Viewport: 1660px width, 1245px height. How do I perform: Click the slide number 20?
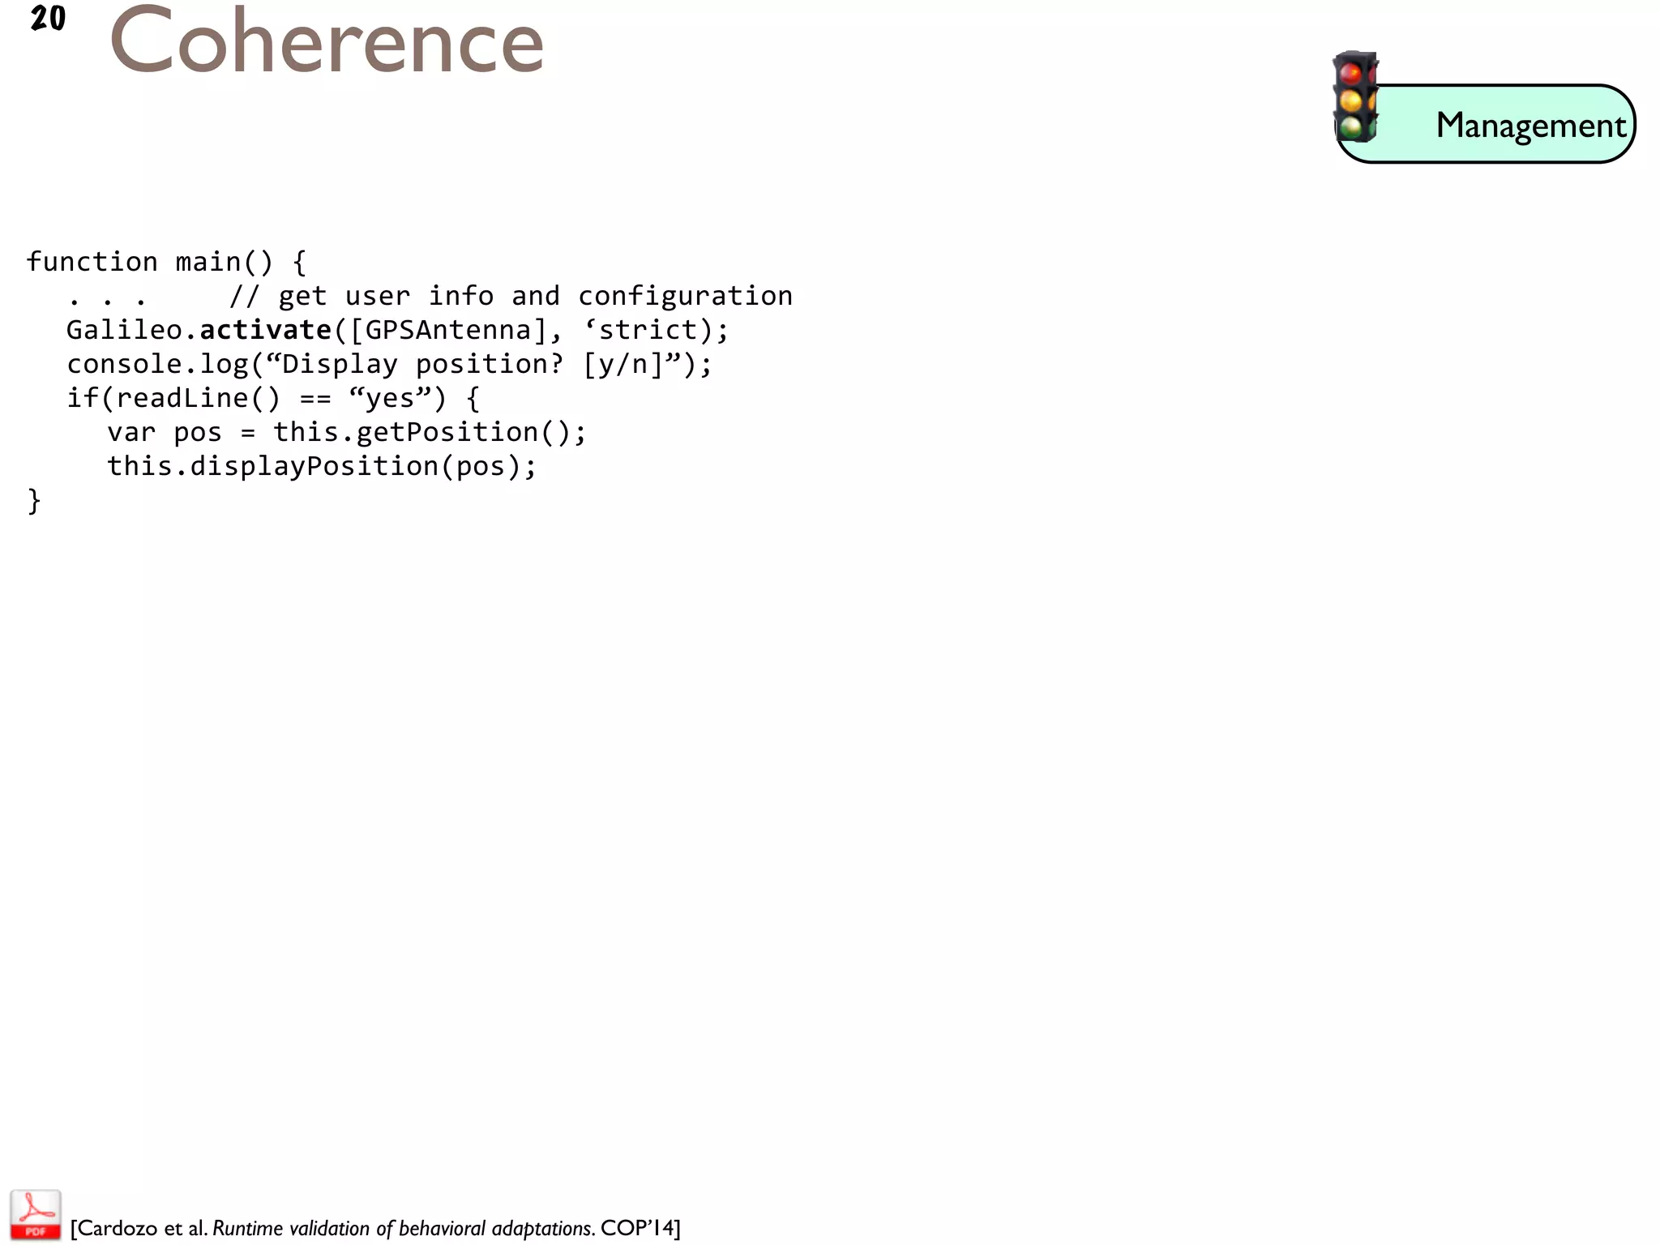click(48, 19)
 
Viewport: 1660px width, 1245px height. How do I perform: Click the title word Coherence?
click(327, 42)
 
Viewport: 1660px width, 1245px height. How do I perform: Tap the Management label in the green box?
click(1530, 126)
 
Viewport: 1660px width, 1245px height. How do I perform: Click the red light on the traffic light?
click(1350, 74)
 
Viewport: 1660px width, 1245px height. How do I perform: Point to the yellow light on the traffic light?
click(1350, 101)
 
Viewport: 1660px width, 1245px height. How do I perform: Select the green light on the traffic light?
click(1350, 126)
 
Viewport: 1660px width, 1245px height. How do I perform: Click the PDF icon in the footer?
click(35, 1214)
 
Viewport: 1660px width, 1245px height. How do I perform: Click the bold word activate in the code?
click(266, 330)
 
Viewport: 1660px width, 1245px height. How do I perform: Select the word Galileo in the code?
click(125, 330)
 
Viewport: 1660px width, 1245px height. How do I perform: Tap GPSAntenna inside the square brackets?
click(448, 330)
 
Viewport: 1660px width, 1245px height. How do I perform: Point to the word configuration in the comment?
click(685, 296)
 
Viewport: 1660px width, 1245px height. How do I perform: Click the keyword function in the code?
click(92, 262)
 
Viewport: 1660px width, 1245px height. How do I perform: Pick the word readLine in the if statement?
click(182, 398)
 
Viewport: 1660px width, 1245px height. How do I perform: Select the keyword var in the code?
click(131, 432)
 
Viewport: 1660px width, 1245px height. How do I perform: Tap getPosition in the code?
click(447, 432)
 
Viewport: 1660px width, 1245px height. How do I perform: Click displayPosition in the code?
click(314, 466)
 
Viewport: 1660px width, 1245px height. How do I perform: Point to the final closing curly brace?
click(34, 501)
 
